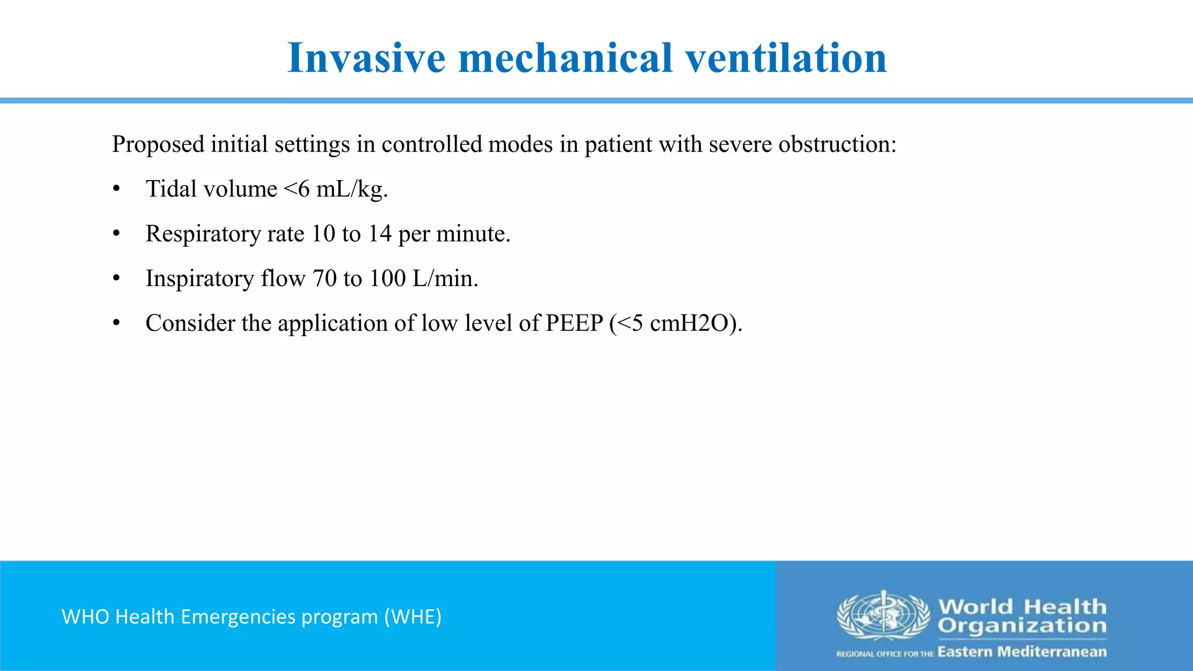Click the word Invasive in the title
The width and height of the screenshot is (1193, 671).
[366, 58]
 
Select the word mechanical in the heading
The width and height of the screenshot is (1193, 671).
[565, 58]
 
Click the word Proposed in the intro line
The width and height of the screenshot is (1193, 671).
[158, 144]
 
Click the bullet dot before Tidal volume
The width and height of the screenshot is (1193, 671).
[117, 189]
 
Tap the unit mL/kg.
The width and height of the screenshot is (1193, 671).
[351, 189]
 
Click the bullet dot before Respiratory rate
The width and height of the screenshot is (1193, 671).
[117, 234]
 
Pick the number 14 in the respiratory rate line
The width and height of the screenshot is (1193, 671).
[379, 234]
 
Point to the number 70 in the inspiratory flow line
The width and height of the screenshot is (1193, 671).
[324, 278]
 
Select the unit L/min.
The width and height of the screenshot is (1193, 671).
[444, 278]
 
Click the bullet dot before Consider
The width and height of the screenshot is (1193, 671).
[117, 323]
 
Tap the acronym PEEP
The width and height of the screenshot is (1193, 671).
[574, 323]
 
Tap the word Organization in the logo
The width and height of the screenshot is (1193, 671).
[1022, 626]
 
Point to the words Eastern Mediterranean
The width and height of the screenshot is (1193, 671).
[1022, 652]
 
